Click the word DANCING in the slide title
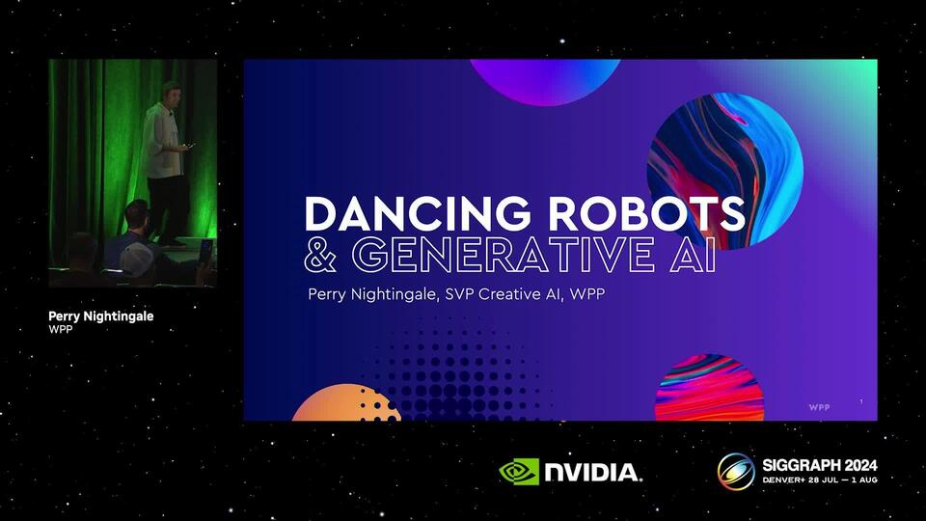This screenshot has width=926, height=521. [418, 213]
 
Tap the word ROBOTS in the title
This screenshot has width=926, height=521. [646, 213]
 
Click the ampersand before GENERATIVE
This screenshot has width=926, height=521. [320, 255]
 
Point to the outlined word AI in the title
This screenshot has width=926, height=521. [694, 254]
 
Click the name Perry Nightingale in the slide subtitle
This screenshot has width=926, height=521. [372, 294]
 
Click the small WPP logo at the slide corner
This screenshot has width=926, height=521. [819, 407]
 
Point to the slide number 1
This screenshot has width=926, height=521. [861, 401]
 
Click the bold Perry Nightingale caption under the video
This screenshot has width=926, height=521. [101, 316]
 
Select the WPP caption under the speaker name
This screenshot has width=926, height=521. [60, 330]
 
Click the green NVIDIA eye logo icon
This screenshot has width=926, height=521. [519, 472]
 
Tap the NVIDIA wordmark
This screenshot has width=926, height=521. [592, 473]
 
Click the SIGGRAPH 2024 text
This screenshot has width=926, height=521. [820, 465]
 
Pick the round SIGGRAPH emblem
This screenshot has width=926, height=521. [736, 472]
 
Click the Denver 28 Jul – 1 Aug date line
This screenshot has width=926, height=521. [820, 480]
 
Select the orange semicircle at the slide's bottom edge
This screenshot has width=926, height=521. [346, 403]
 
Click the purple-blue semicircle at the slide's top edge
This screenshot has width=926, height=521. [544, 81]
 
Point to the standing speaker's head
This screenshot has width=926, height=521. [171, 92]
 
